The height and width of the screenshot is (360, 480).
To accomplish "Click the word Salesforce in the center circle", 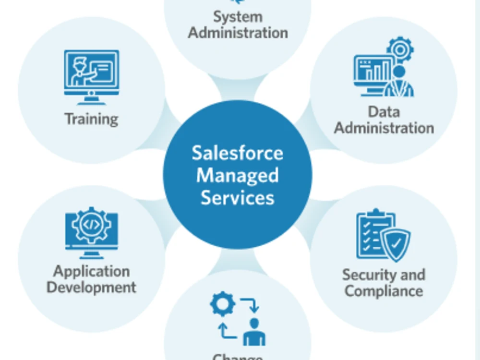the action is tap(237, 153).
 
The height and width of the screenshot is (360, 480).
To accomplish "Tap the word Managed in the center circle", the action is tap(237, 175).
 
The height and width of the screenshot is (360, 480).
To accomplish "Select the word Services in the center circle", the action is tap(237, 197).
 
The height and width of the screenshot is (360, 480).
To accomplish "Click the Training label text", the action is tap(91, 119).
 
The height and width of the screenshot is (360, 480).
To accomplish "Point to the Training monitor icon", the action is tap(91, 76).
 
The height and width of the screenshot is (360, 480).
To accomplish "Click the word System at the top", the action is tap(238, 16).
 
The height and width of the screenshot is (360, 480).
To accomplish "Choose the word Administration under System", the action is tap(238, 33).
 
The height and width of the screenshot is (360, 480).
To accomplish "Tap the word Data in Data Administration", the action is tap(384, 111).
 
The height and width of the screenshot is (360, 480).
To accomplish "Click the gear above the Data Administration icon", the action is tap(400, 48).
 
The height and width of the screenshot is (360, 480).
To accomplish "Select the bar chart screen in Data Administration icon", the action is tap(373, 71).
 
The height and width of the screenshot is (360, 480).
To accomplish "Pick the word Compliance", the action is tap(384, 291).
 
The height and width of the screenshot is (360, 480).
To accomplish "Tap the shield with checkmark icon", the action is tap(396, 244).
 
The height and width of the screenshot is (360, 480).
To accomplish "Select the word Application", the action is tap(91, 271).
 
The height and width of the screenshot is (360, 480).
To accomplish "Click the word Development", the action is tap(91, 288).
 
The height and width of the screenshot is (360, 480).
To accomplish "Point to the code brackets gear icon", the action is tap(91, 225).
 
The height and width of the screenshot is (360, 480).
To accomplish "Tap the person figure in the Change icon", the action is tap(254, 331).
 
